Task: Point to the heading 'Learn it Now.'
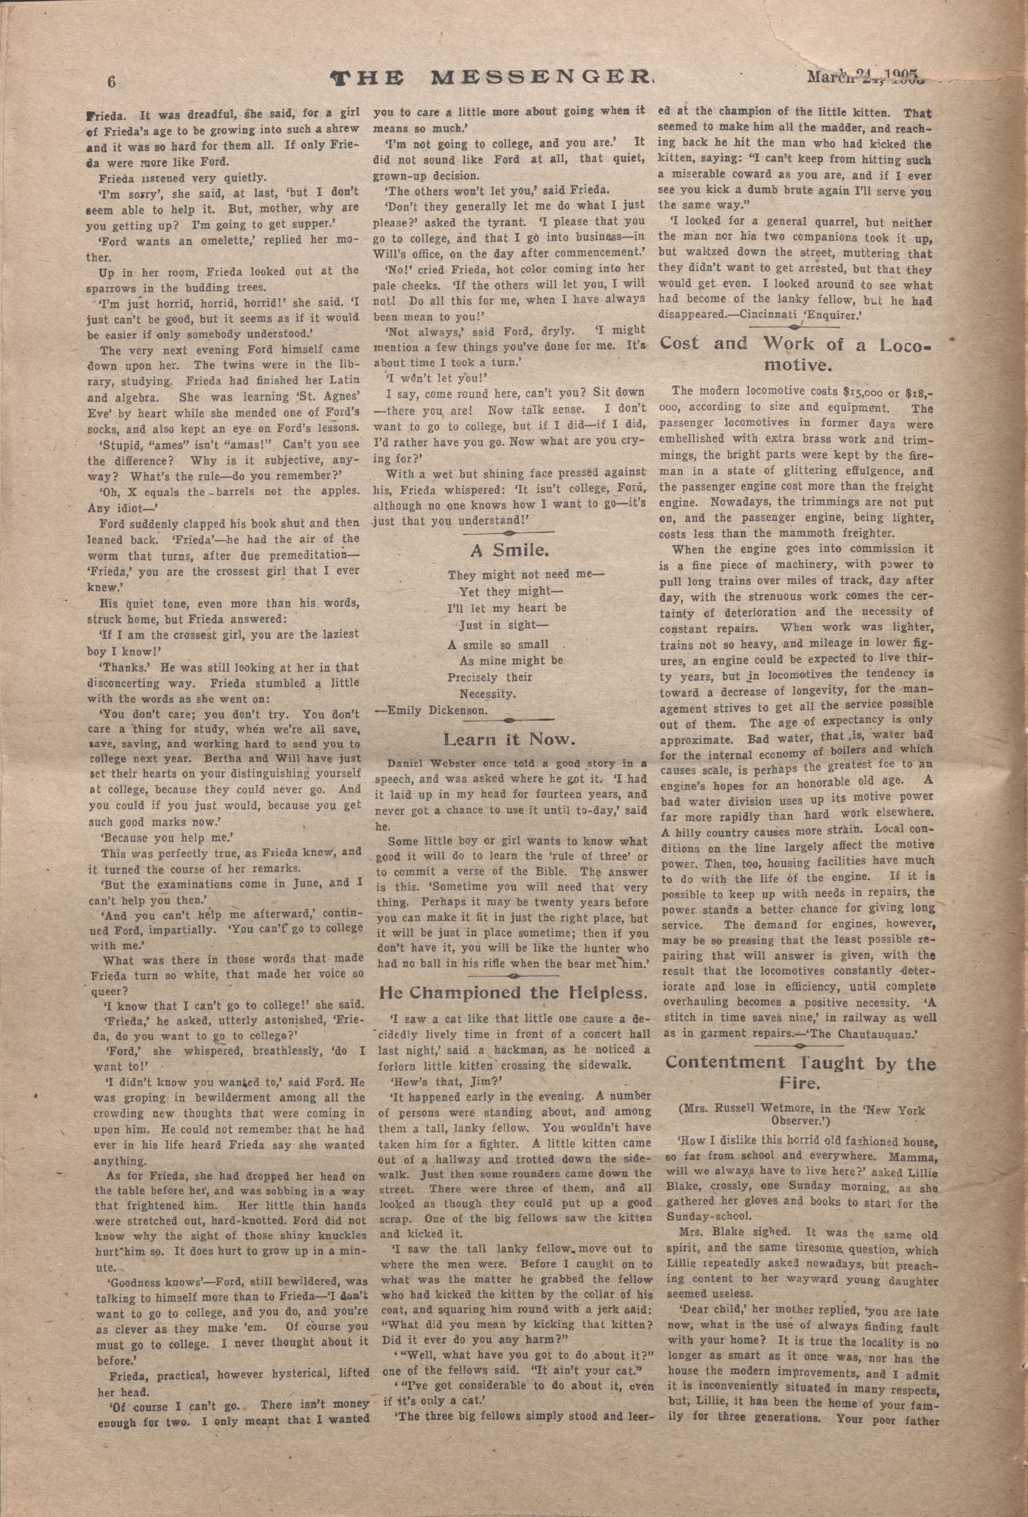[x=509, y=740]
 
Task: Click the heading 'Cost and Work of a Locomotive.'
[x=796, y=353]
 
